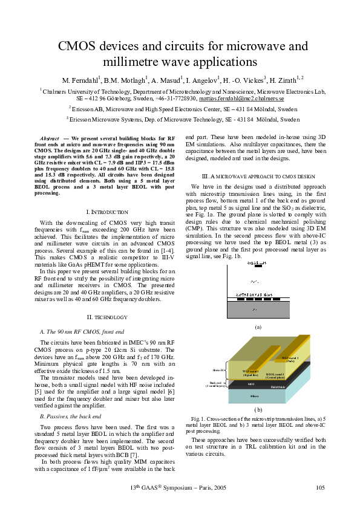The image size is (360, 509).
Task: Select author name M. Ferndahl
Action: pos(82,80)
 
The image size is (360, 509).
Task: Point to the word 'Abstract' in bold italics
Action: pos(49,138)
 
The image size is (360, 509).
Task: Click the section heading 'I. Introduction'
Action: pos(106,212)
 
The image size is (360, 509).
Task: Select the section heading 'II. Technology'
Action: pos(106,317)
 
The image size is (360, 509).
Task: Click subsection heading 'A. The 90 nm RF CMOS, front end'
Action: pos(81,332)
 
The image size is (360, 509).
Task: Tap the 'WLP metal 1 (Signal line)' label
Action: pos(250,373)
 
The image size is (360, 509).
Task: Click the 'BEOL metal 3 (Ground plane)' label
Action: pos(279,375)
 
